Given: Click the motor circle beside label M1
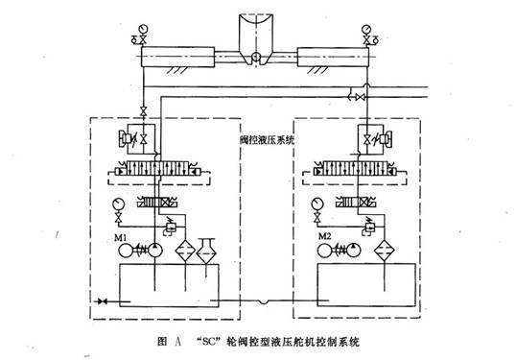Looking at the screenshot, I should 125,252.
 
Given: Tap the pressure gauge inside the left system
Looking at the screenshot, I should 117,203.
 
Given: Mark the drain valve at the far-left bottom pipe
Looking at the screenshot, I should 103,303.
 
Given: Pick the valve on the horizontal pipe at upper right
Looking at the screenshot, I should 359,97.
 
